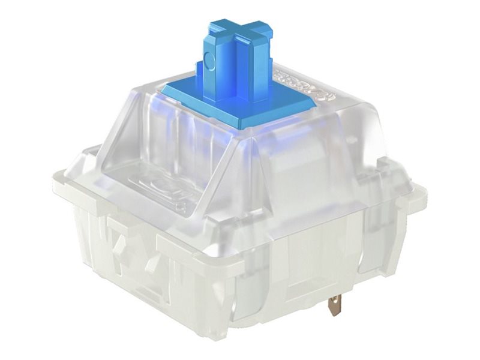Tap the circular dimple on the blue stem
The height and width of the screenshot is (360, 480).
click(x=208, y=60)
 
